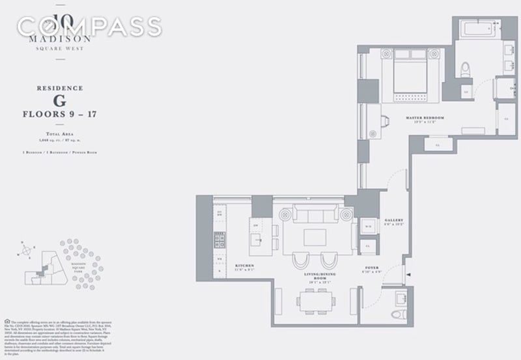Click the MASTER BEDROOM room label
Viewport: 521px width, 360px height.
[424, 118]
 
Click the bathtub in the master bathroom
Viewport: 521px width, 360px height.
[475, 29]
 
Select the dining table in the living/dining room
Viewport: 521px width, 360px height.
[317, 301]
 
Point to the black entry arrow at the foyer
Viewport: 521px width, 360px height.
[408, 275]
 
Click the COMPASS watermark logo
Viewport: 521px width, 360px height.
[88, 27]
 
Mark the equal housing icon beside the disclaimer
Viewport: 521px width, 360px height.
[7, 321]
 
